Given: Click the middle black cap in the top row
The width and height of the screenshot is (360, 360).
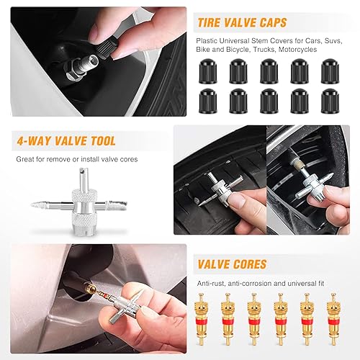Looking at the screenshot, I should [x=268, y=70].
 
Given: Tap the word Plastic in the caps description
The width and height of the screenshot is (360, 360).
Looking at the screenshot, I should [x=208, y=40].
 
